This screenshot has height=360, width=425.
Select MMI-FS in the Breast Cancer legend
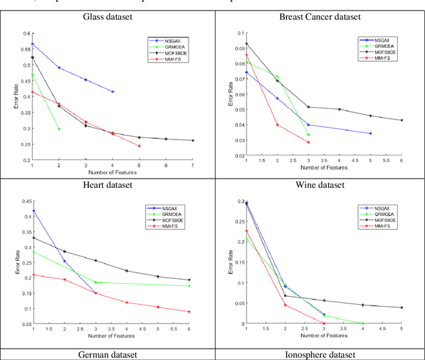(x=381, y=58)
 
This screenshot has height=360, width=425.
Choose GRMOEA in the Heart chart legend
(x=170, y=214)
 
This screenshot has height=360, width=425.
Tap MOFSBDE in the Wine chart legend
(x=382, y=220)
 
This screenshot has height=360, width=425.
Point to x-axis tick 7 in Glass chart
(x=193, y=164)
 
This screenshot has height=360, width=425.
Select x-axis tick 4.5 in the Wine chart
(x=381, y=328)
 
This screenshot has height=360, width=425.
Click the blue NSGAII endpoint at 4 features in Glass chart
(x=113, y=91)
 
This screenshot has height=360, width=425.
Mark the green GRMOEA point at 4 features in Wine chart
(x=363, y=323)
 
